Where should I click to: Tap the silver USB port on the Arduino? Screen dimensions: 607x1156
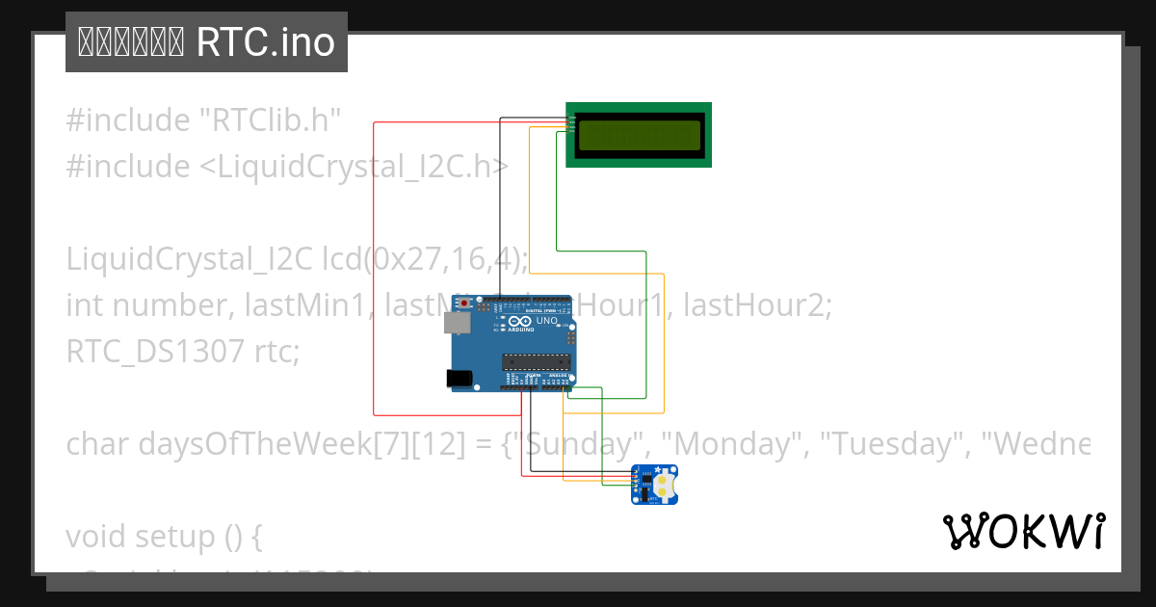(456, 322)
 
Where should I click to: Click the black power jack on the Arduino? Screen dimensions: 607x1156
(460, 380)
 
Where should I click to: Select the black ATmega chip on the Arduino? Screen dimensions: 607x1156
(535, 362)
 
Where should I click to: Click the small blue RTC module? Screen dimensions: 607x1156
(654, 484)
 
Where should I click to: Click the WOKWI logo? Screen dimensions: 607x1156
(1023, 531)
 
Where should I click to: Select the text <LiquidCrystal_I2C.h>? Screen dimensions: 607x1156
(354, 167)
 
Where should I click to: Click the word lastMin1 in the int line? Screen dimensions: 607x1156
(307, 305)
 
